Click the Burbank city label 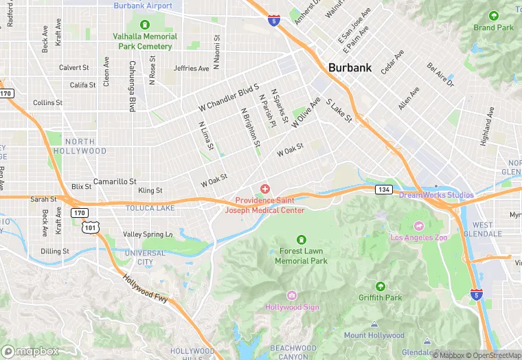point(350,68)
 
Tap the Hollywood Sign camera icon point(292,295)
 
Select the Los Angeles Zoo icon point(419,225)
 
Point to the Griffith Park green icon point(380,286)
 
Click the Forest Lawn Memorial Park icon point(301,239)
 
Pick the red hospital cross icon point(264,188)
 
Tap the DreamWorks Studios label point(436,195)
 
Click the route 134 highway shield point(383,189)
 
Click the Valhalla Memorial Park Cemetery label point(145,41)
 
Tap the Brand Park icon point(493,16)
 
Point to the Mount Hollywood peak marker point(374,324)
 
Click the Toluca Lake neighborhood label point(150,207)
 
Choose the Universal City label point(145,258)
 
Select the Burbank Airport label point(143,5)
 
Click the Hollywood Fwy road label point(146,288)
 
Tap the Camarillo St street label point(115,181)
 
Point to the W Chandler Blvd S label point(228,98)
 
